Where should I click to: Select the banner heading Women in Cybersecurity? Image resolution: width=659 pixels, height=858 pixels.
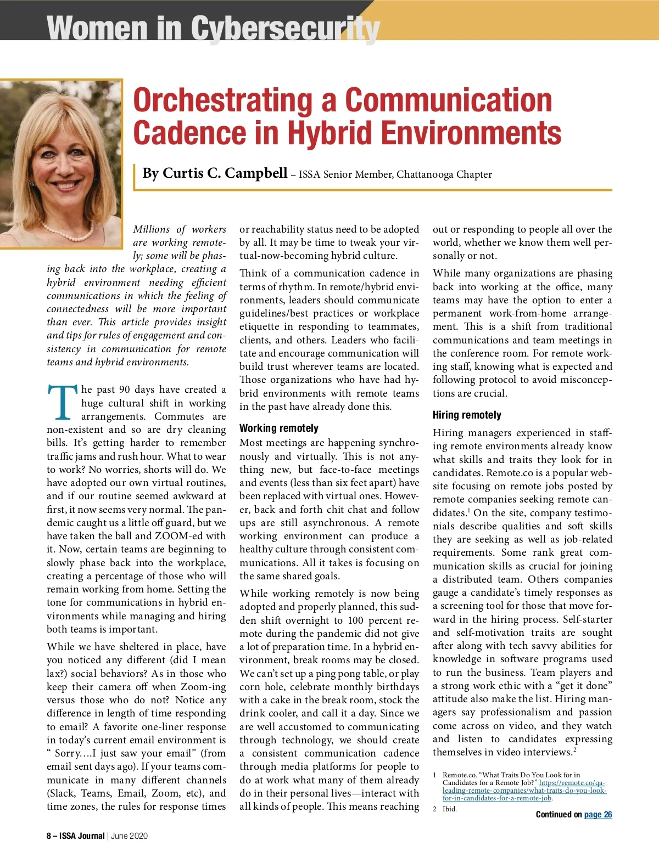pyautogui.click(x=213, y=28)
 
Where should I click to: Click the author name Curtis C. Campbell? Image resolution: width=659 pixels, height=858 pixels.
pyautogui.click(x=215, y=173)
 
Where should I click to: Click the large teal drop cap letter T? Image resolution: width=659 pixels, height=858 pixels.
pyautogui.click(x=62, y=403)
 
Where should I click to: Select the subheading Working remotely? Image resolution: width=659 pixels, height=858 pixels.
pyautogui.click(x=278, y=428)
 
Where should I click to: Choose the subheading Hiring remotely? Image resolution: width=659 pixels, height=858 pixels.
pyautogui.click(x=467, y=415)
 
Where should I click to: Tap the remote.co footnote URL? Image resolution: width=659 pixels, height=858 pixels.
pyautogui.click(x=524, y=791)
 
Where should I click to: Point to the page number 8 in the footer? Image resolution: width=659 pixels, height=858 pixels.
pyautogui.click(x=49, y=836)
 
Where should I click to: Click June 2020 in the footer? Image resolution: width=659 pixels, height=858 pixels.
pyautogui.click(x=130, y=836)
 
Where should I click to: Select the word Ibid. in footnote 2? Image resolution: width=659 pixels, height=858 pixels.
pyautogui.click(x=450, y=809)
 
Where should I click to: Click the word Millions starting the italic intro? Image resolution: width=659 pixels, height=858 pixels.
pyautogui.click(x=152, y=229)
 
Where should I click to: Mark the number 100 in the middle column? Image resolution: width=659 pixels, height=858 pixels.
pyautogui.click(x=356, y=620)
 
